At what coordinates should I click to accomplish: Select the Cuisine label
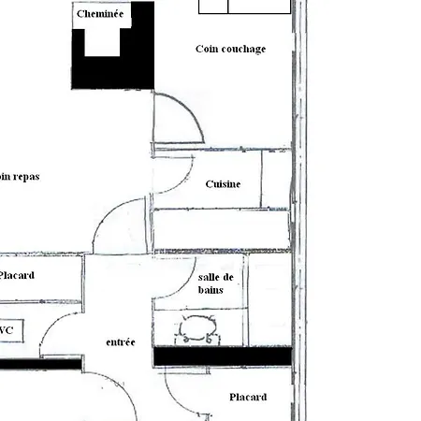click(x=223, y=184)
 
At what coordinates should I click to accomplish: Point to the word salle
click(x=210, y=278)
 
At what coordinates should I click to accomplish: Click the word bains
click(x=210, y=291)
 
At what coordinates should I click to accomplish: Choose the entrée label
click(x=121, y=342)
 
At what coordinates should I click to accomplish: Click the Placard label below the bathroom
click(x=248, y=397)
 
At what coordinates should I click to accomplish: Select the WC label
click(x=7, y=330)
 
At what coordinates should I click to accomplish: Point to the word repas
click(x=23, y=176)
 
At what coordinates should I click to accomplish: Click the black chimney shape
click(x=112, y=70)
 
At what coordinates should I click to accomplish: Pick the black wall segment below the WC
click(x=37, y=363)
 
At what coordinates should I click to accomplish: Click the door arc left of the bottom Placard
click(x=182, y=393)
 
